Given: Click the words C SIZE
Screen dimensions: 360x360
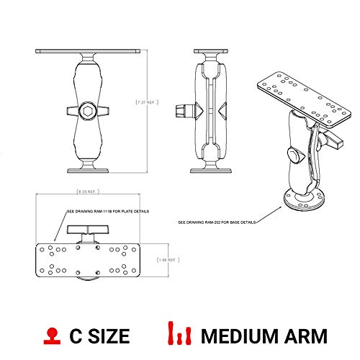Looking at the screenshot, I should (x=99, y=336).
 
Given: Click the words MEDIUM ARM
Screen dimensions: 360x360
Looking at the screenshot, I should (x=264, y=336).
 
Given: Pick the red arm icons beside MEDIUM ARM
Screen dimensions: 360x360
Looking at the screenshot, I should (x=179, y=335).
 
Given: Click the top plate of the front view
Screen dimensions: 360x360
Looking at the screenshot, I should (x=88, y=51).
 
